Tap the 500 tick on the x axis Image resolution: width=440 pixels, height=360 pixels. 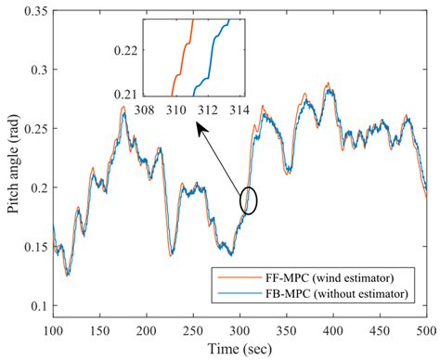coord(426,331)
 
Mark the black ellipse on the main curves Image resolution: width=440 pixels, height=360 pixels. coord(249,199)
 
